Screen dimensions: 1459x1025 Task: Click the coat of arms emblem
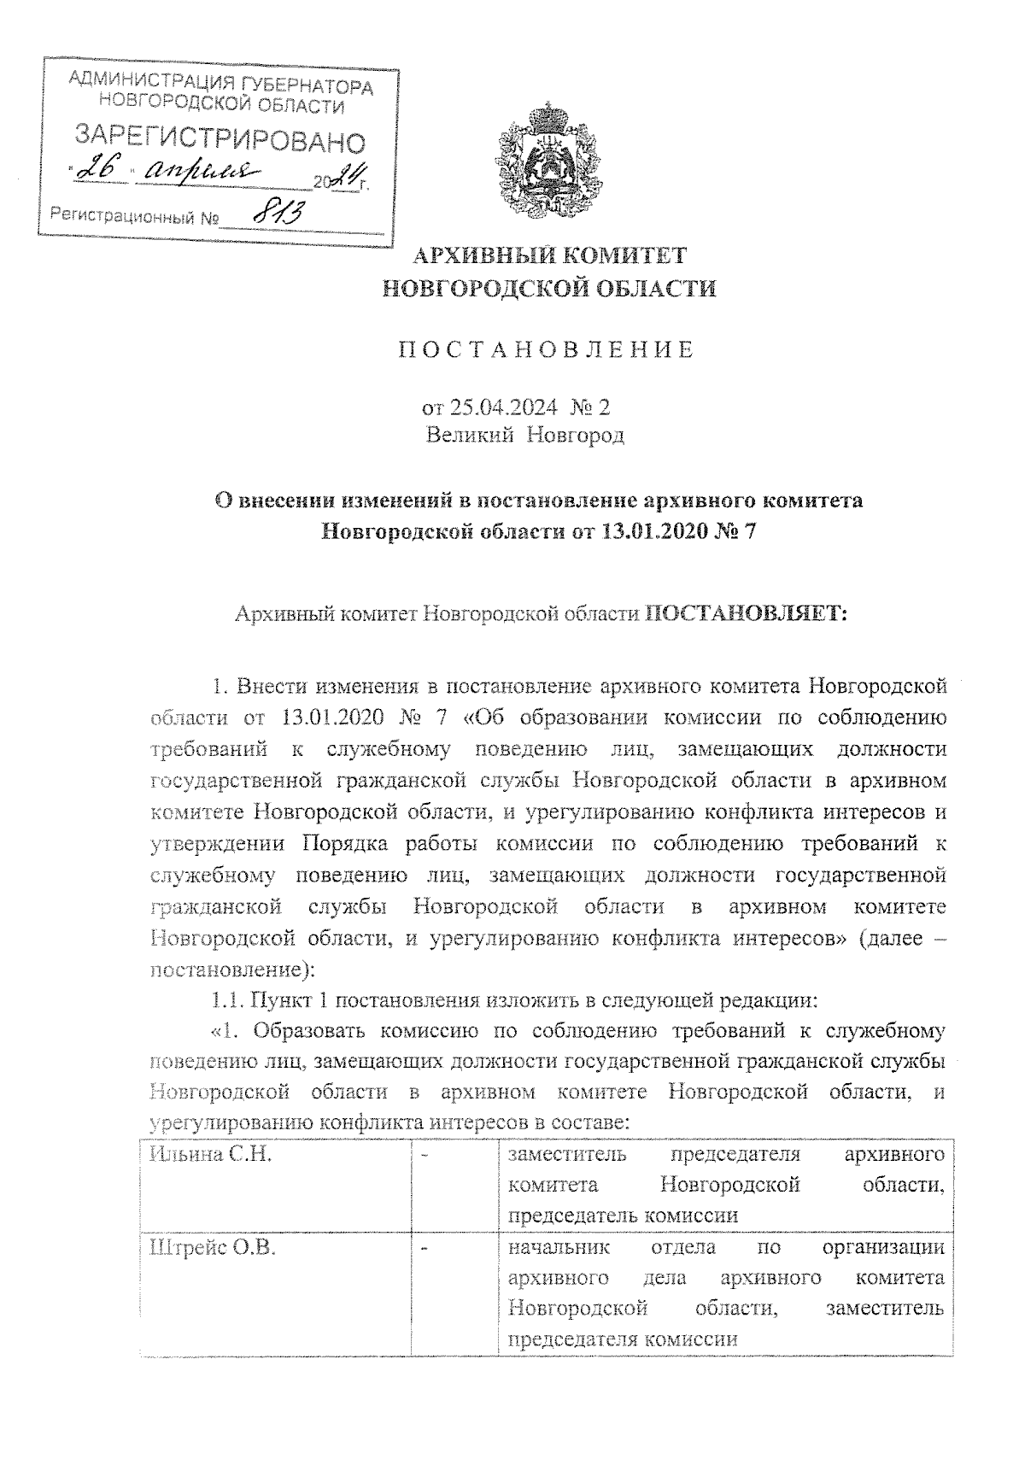548,161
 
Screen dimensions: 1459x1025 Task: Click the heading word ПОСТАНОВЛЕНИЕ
548,350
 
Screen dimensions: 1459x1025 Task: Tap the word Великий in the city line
470,436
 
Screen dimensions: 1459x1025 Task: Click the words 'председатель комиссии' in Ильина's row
623,1216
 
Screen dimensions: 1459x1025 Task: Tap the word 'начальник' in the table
559,1248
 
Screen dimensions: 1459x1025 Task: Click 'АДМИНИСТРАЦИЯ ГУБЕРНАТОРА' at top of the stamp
220,85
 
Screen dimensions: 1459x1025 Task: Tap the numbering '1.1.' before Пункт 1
228,999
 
